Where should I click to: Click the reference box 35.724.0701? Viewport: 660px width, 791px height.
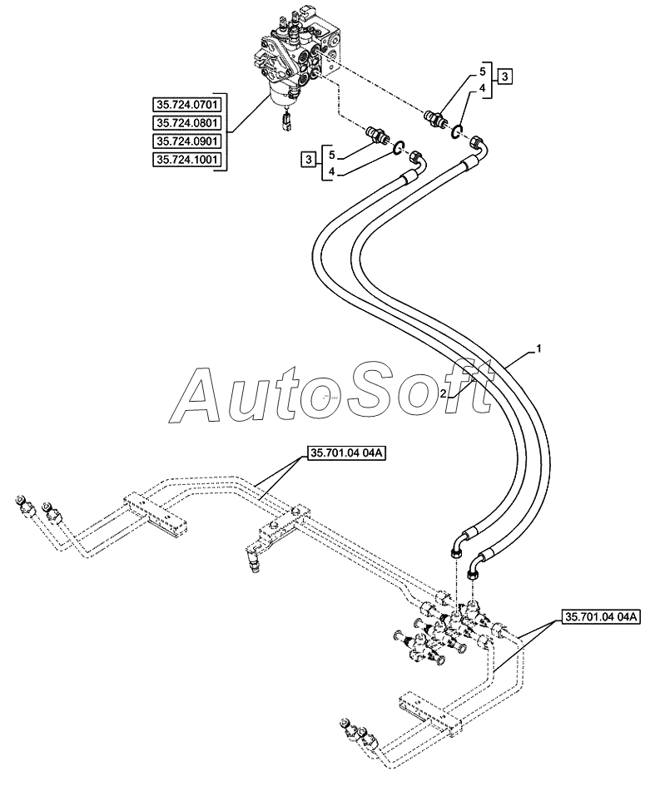pos(186,105)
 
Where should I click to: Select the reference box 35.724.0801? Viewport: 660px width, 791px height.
pos(186,123)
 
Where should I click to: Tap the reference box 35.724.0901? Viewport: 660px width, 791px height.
pos(186,141)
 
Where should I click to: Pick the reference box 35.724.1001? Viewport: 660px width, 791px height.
pos(186,160)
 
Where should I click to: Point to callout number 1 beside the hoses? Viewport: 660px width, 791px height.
pos(538,348)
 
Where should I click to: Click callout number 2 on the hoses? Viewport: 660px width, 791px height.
pos(443,394)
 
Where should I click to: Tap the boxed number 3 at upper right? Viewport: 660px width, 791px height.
pos(505,77)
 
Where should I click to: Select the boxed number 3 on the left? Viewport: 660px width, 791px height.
pos(308,161)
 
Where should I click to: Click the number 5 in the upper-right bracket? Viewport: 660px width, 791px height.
pos(482,72)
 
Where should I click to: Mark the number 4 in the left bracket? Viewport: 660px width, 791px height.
pos(332,172)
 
